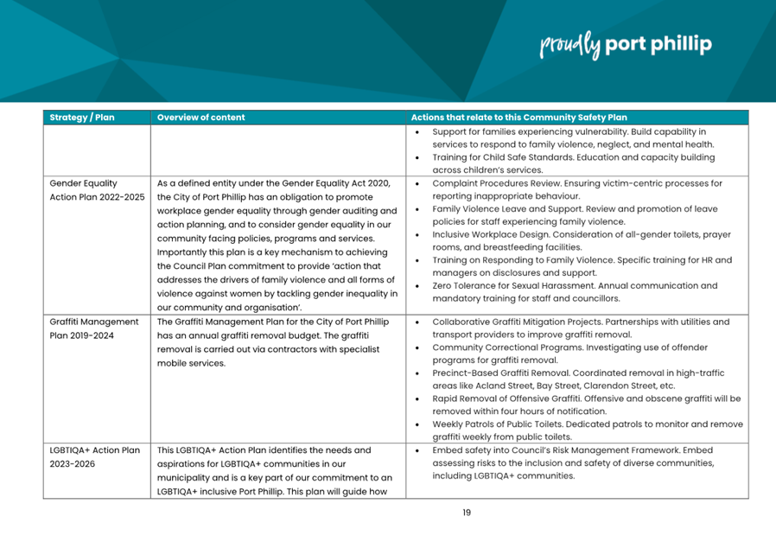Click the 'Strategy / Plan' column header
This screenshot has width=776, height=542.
(82, 118)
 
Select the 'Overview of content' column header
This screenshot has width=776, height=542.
(201, 118)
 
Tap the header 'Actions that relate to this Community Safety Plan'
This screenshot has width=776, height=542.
(519, 118)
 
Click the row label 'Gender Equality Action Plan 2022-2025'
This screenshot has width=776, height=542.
(97, 190)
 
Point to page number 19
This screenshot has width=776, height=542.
(466, 513)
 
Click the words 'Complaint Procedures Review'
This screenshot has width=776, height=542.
(496, 183)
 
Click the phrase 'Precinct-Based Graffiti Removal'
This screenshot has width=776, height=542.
(501, 373)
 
